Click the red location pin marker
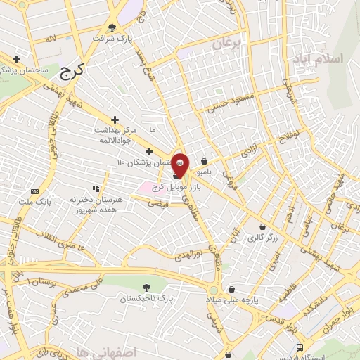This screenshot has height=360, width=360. (180, 162)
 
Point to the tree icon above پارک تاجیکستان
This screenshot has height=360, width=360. (146, 287)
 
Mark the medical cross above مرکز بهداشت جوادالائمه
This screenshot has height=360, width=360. (115, 120)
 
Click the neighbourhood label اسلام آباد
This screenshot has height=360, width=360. (334, 57)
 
